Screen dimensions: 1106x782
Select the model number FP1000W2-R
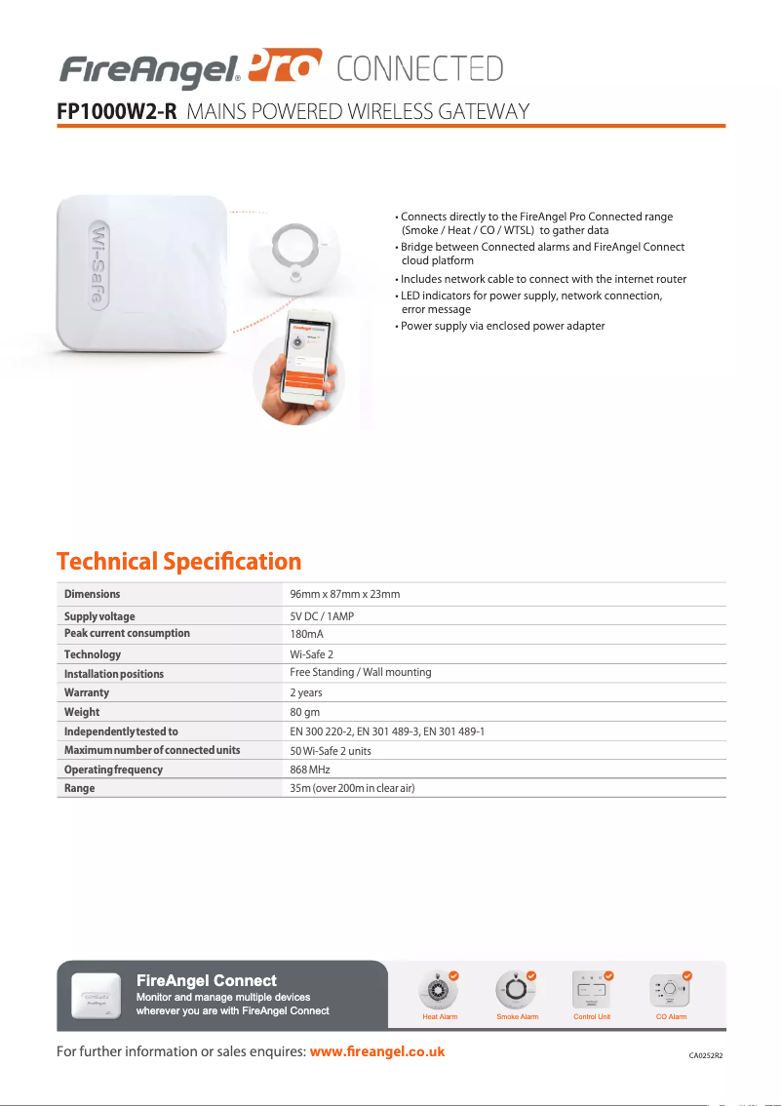coord(117,111)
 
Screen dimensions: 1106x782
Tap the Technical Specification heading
coord(179,562)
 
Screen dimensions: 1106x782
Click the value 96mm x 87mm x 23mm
coord(345,594)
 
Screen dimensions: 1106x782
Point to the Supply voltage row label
coord(99,616)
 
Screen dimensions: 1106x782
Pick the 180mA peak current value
coord(307,634)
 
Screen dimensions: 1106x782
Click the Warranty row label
coord(87,692)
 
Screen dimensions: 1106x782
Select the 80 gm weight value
coord(305,712)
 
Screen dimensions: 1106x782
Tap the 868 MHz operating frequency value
coord(310,770)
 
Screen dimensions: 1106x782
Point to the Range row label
coord(80,788)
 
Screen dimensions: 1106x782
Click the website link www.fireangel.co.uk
coord(376,1051)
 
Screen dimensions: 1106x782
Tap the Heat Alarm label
coord(440,1016)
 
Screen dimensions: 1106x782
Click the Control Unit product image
coord(592,991)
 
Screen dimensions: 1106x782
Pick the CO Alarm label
coord(671,1016)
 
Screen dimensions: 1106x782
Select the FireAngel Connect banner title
coord(207,980)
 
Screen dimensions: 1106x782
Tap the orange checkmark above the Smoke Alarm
coord(531,975)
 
